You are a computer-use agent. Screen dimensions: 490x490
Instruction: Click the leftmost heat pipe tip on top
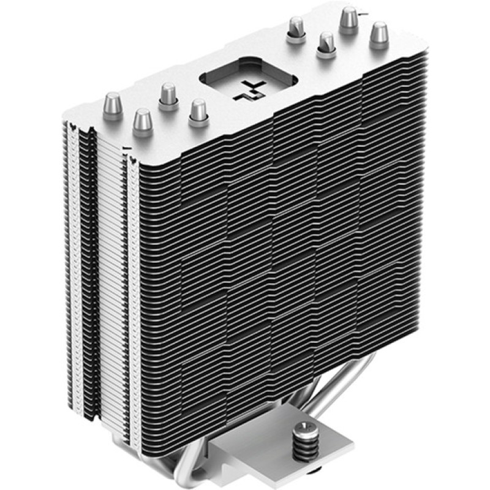pyautogui.click(x=113, y=102)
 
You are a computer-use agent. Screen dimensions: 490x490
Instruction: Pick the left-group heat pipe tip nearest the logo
pyautogui.click(x=198, y=110)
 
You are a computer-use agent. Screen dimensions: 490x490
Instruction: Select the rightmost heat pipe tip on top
pyautogui.click(x=379, y=34)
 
